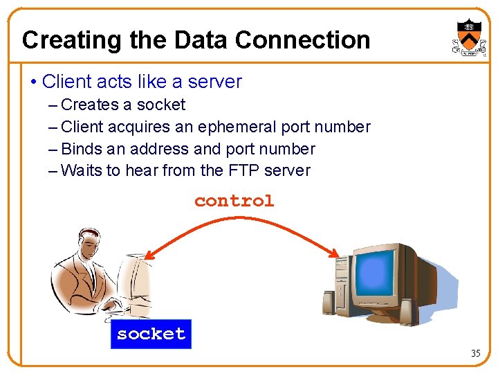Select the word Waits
(82, 170)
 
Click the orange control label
(234, 201)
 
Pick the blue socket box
(151, 334)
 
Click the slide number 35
(475, 353)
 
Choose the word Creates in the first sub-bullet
(89, 105)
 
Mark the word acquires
(139, 127)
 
